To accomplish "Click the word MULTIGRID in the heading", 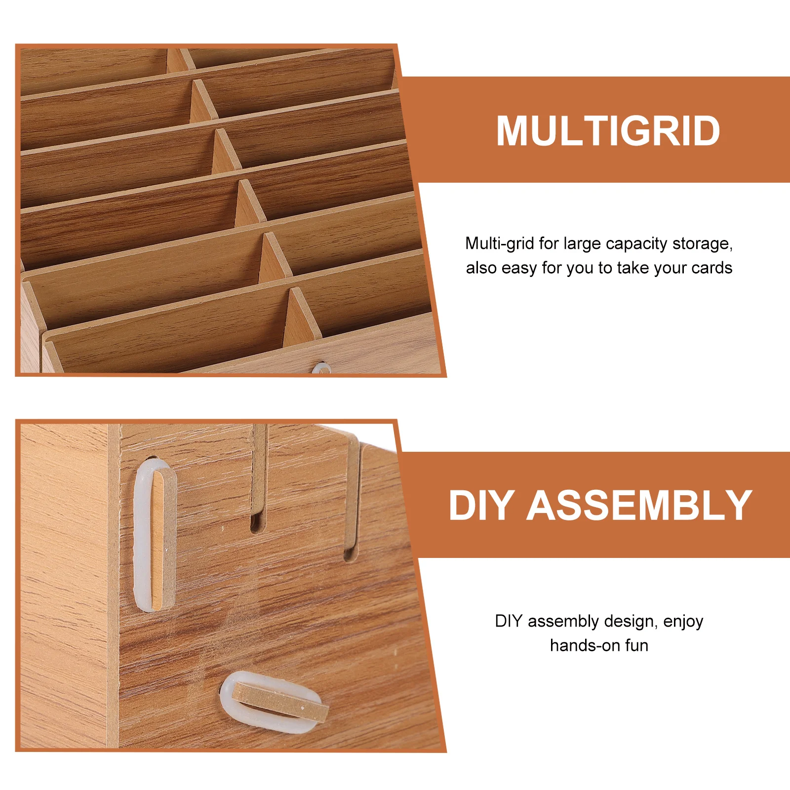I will [x=608, y=131].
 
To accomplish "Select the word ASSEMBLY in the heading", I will [x=639, y=506].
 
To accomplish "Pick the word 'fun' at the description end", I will [x=636, y=645].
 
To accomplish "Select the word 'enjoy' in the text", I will [x=683, y=622].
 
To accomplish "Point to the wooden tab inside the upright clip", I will [x=163, y=538].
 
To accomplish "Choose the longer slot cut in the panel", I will [x=352, y=499].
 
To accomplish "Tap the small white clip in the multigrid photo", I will [x=322, y=368].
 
